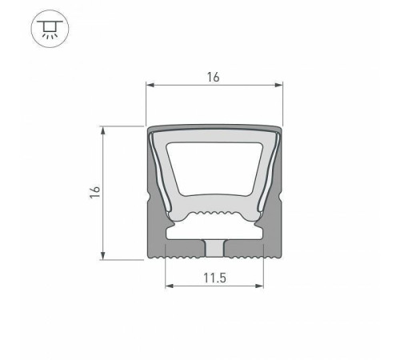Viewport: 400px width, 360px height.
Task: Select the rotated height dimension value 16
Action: (x=95, y=192)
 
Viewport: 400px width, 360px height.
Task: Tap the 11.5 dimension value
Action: (x=214, y=278)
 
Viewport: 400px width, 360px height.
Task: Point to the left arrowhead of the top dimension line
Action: (x=149, y=85)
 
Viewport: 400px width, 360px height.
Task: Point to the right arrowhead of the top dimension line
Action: (x=281, y=85)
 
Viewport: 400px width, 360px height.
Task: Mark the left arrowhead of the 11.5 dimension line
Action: (x=168, y=286)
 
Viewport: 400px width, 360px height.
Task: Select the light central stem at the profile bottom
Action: (x=214, y=247)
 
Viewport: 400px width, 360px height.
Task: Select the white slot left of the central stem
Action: (x=184, y=234)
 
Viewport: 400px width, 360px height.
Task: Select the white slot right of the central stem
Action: (x=245, y=234)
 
